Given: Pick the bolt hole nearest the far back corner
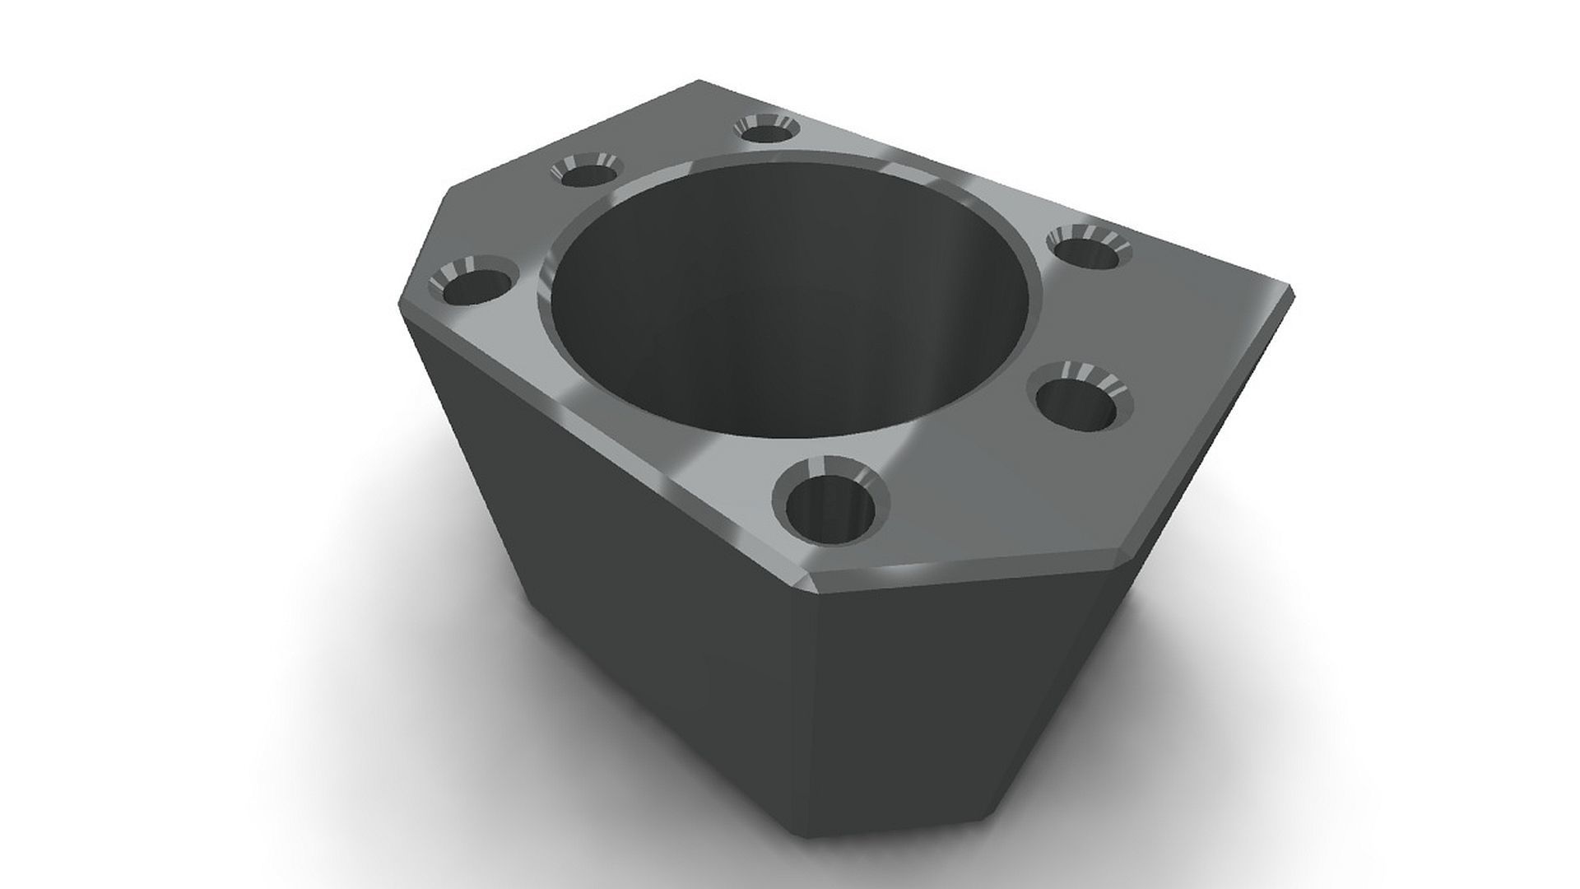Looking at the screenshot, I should pyautogui.click(x=765, y=129).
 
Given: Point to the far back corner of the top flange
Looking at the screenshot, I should pyautogui.click(x=699, y=81).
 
